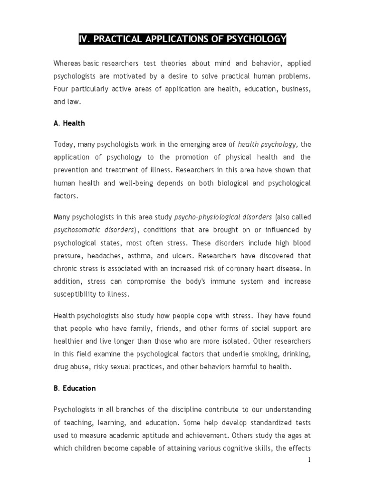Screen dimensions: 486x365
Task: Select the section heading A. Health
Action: (x=69, y=123)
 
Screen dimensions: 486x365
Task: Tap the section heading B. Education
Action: (x=74, y=388)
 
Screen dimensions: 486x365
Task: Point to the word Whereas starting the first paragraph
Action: (x=67, y=64)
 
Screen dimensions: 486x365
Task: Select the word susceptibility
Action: (x=76, y=294)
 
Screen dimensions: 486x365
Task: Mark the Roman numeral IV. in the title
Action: (x=86, y=39)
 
